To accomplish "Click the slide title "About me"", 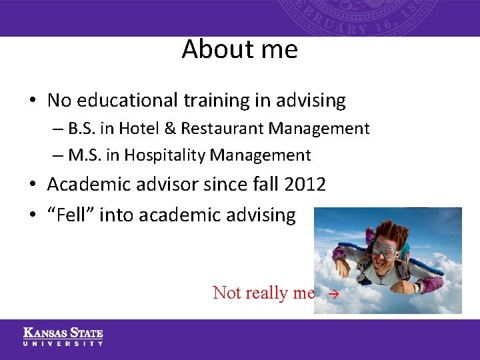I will tap(239, 49).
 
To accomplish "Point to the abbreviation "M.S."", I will tap(82, 155).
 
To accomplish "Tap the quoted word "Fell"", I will tap(72, 215).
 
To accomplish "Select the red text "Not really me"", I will tap(263, 293).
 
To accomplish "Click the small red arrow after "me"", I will tap(335, 293).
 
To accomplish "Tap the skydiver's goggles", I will tap(385, 249).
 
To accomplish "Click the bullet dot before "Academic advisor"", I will tap(33, 185).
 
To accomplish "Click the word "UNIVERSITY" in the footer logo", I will tap(63, 343).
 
